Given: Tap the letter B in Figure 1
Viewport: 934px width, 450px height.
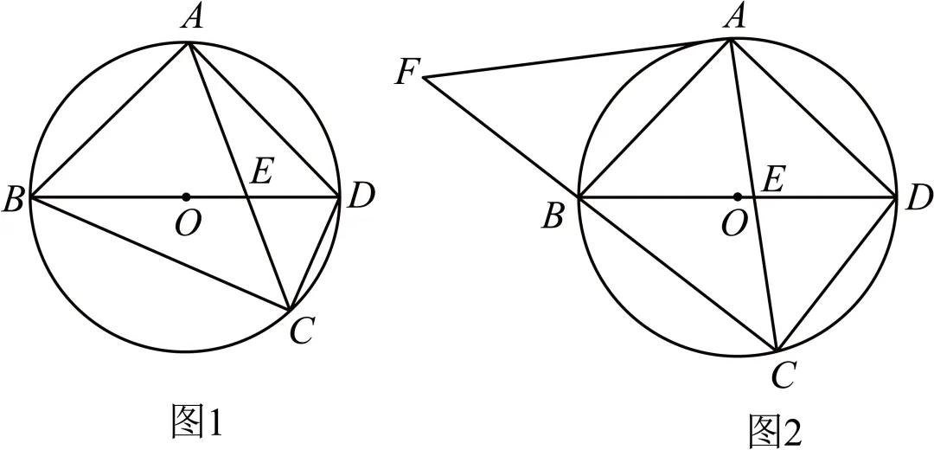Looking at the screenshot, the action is tap(13, 201).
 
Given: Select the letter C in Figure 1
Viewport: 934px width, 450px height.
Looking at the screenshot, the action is tap(302, 331).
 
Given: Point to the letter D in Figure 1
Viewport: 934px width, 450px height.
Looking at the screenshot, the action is tap(360, 196).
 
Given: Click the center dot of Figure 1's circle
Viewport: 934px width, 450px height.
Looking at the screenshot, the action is tap(187, 196).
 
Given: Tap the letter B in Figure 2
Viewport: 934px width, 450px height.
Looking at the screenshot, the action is tap(552, 217).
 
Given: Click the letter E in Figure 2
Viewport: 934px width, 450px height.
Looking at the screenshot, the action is tap(772, 180).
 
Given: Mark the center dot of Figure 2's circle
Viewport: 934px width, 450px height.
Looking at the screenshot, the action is tap(738, 196).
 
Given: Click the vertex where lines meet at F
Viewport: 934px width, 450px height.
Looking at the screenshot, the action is tap(423, 78).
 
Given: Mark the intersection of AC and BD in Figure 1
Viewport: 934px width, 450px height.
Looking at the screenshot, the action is tap(246, 196).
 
